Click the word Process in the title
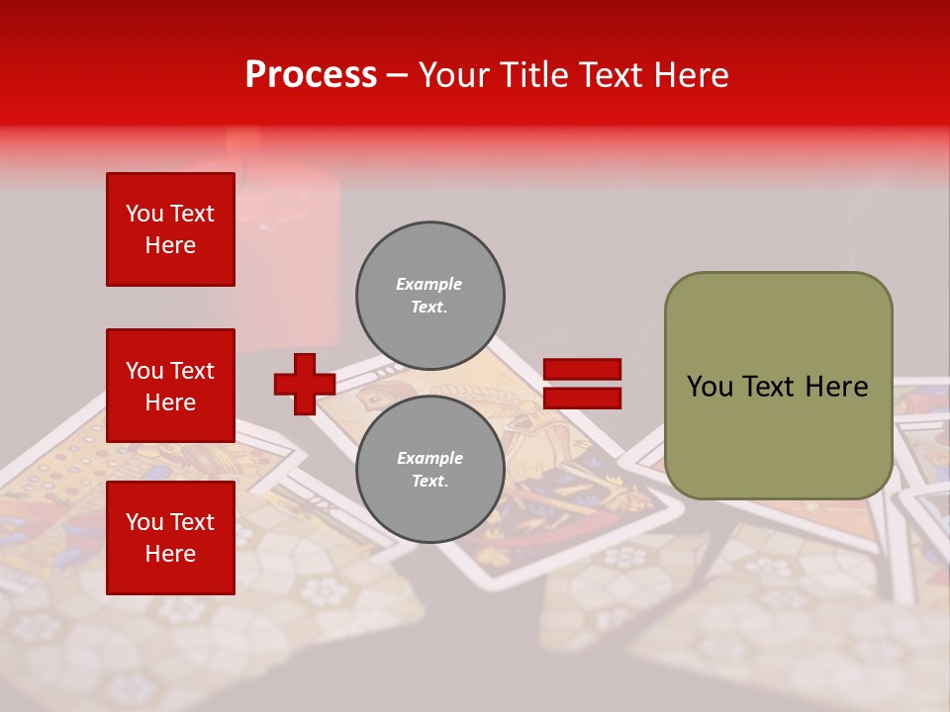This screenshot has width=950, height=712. click(311, 75)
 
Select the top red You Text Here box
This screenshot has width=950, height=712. click(170, 229)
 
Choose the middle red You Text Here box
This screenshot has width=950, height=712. click(170, 386)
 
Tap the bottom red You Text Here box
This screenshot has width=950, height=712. click(170, 537)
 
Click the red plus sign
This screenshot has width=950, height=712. click(304, 384)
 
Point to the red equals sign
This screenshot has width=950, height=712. click(582, 384)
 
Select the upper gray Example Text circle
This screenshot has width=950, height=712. click(430, 295)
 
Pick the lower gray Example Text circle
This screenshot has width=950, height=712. click(430, 469)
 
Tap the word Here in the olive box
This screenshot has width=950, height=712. click(836, 387)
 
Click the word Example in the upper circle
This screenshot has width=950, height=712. click(429, 284)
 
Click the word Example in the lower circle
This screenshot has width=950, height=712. click(429, 458)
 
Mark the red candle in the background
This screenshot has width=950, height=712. click(287, 237)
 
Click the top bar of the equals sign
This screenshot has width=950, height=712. click(582, 369)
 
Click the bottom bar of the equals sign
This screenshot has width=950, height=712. click(582, 398)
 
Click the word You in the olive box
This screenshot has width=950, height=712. click(710, 387)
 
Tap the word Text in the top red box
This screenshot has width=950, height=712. click(191, 214)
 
